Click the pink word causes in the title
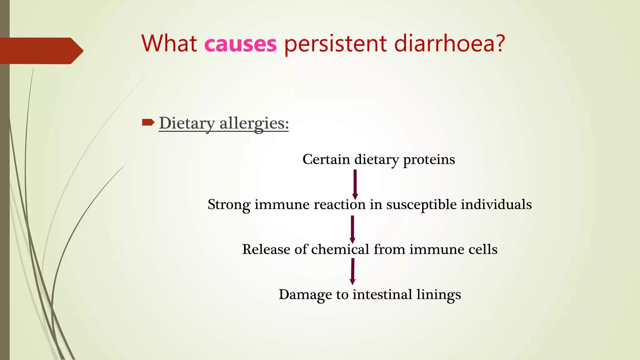click(240, 44)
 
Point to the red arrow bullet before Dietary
click(148, 122)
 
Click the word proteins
click(429, 159)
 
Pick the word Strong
click(229, 205)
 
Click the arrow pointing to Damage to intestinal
click(352, 271)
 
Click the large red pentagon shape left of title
click(39, 51)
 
